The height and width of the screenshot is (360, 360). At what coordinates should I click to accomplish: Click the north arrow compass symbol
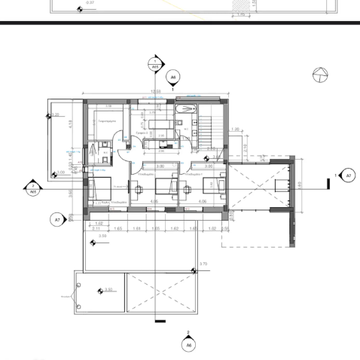320,74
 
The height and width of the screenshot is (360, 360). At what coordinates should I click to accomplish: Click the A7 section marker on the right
347,175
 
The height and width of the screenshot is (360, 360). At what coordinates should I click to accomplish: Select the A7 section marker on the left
57,220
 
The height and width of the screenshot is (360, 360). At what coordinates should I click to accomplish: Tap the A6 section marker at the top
172,77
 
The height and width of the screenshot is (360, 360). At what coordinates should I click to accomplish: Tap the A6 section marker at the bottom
188,344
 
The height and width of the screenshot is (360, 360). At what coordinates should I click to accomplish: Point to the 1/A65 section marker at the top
155,63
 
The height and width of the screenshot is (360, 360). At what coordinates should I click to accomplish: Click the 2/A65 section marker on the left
32,188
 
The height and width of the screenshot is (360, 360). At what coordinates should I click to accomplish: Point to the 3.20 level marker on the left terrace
55,115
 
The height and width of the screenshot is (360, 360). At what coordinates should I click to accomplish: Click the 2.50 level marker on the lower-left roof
108,290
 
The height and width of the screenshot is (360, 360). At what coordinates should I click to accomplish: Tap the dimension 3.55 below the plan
103,236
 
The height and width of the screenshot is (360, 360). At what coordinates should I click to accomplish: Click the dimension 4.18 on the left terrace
69,124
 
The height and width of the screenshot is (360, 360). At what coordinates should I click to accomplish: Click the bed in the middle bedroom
166,187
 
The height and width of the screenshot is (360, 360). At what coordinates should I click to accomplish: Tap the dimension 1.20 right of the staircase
236,130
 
